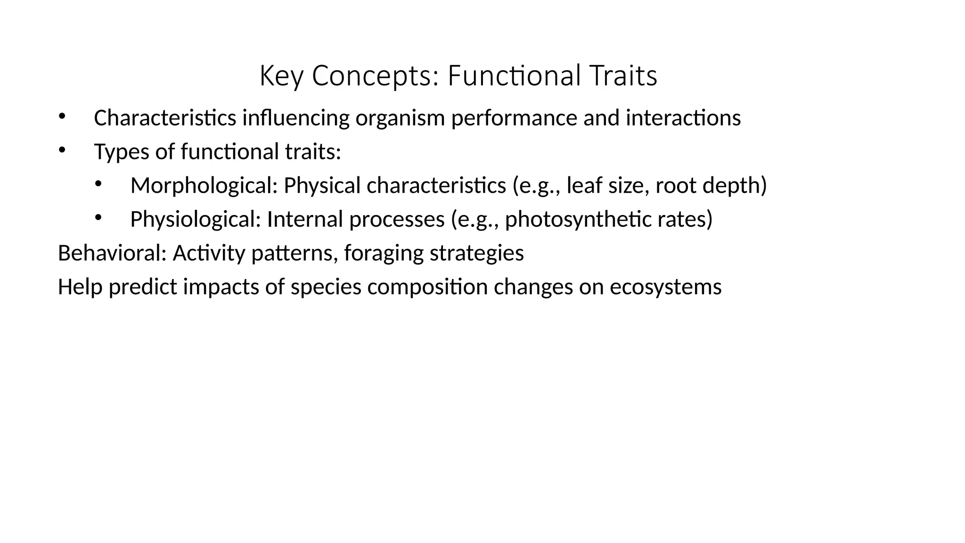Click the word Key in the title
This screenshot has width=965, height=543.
pyautogui.click(x=281, y=75)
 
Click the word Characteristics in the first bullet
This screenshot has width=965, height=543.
pyautogui.click(x=165, y=118)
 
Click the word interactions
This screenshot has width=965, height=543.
pyautogui.click(x=683, y=118)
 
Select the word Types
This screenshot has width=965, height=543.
pyautogui.click(x=122, y=152)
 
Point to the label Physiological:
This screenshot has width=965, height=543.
pyautogui.click(x=196, y=219)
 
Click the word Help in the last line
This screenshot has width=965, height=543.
pyautogui.click(x=80, y=287)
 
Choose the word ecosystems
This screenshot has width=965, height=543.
pyautogui.click(x=665, y=287)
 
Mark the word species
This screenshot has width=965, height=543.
pyautogui.click(x=326, y=287)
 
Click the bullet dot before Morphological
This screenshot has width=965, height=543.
pyautogui.click(x=98, y=184)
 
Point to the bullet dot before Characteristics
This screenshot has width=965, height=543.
pyautogui.click(x=61, y=116)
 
